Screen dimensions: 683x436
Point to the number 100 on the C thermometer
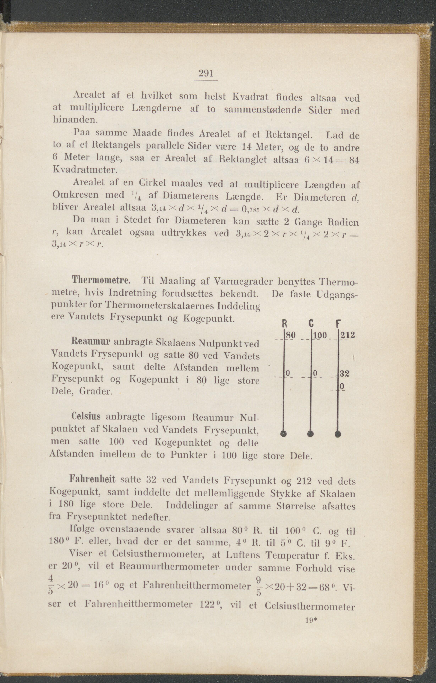[x=320, y=335]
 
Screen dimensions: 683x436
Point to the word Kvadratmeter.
[x=84, y=170]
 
